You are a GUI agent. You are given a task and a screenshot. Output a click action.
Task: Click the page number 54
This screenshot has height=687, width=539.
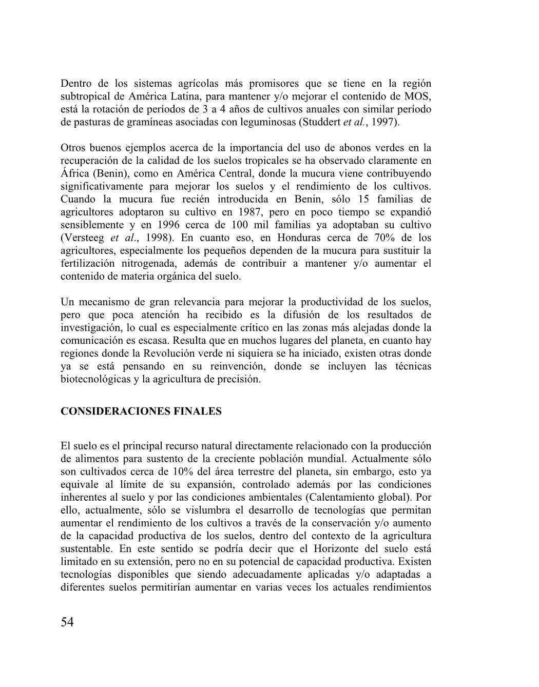pos(67,622)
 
